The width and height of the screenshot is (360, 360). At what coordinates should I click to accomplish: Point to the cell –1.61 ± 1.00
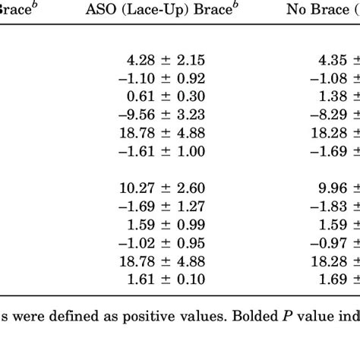163,151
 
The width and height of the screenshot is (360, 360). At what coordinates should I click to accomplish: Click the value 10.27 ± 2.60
163,188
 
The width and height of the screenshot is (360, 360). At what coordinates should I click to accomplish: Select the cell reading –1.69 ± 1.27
163,206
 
